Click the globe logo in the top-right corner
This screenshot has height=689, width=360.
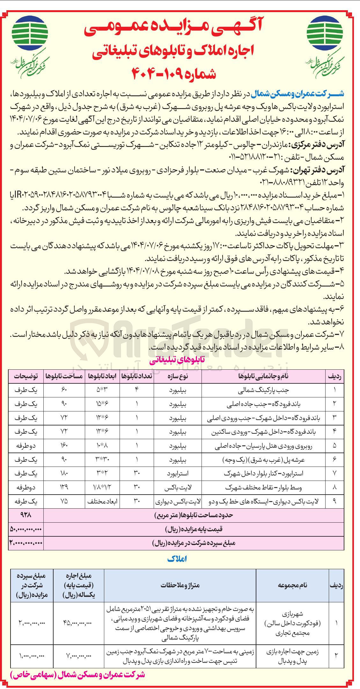[x=325, y=33]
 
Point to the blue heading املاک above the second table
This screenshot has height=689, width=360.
[x=177, y=559]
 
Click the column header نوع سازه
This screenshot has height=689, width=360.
[x=178, y=376]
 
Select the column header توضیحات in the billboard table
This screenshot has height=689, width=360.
[x=26, y=376]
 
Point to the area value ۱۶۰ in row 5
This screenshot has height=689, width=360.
[x=64, y=446]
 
